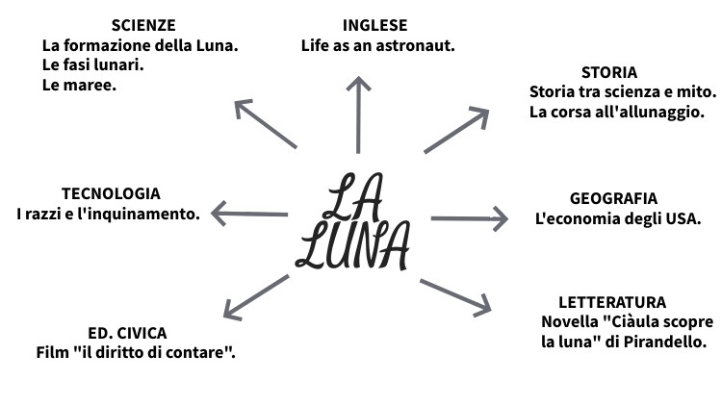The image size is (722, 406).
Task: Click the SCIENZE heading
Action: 143,25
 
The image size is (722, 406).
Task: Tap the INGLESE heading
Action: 375,25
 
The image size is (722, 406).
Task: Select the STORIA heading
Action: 609,72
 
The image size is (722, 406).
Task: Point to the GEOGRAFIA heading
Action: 613,198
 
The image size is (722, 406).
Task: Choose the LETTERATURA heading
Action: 612,302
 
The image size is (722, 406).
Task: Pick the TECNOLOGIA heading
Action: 111,193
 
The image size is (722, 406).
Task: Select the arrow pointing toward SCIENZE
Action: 266,123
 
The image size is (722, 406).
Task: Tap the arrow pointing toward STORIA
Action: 456,131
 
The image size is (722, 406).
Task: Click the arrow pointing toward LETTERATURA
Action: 455,296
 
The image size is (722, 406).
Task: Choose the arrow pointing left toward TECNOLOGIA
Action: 249,214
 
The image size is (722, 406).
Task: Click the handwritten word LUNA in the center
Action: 352,247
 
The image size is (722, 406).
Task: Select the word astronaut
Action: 419,45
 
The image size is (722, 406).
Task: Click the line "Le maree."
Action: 79,86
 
